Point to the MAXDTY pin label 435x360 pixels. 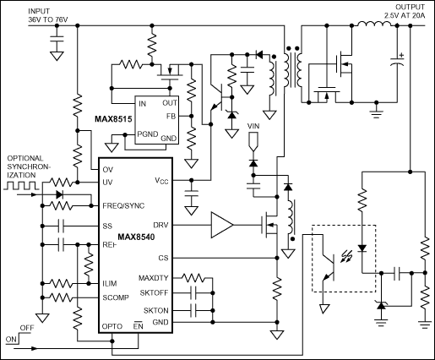click(x=154, y=278)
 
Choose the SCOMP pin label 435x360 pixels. click(x=117, y=297)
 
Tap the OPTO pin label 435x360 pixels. click(x=112, y=326)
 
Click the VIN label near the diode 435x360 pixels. click(x=253, y=127)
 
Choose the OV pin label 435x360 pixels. click(x=108, y=170)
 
